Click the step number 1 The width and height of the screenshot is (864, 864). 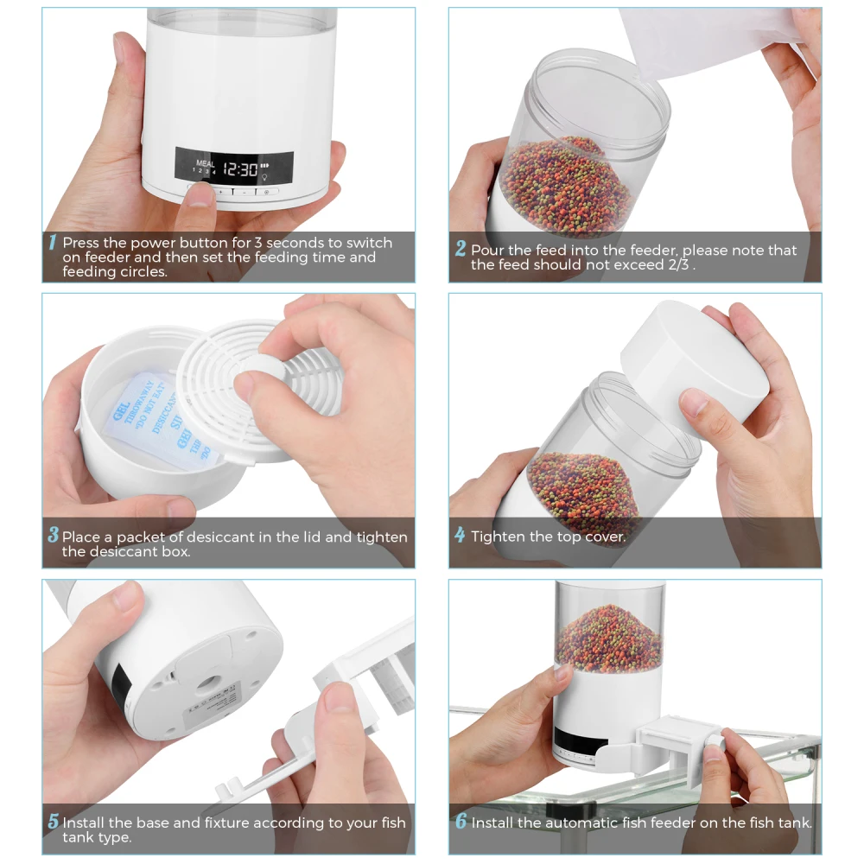(x=52, y=243)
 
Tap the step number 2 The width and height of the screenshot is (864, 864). (x=461, y=249)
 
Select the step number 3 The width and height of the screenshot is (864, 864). (x=53, y=536)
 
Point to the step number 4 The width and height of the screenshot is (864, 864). (x=460, y=536)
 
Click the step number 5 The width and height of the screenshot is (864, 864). (x=53, y=822)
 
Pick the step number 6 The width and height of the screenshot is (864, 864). (x=461, y=822)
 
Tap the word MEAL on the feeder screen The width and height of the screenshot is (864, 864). (x=205, y=162)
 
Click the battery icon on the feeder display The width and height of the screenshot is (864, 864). (x=265, y=166)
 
